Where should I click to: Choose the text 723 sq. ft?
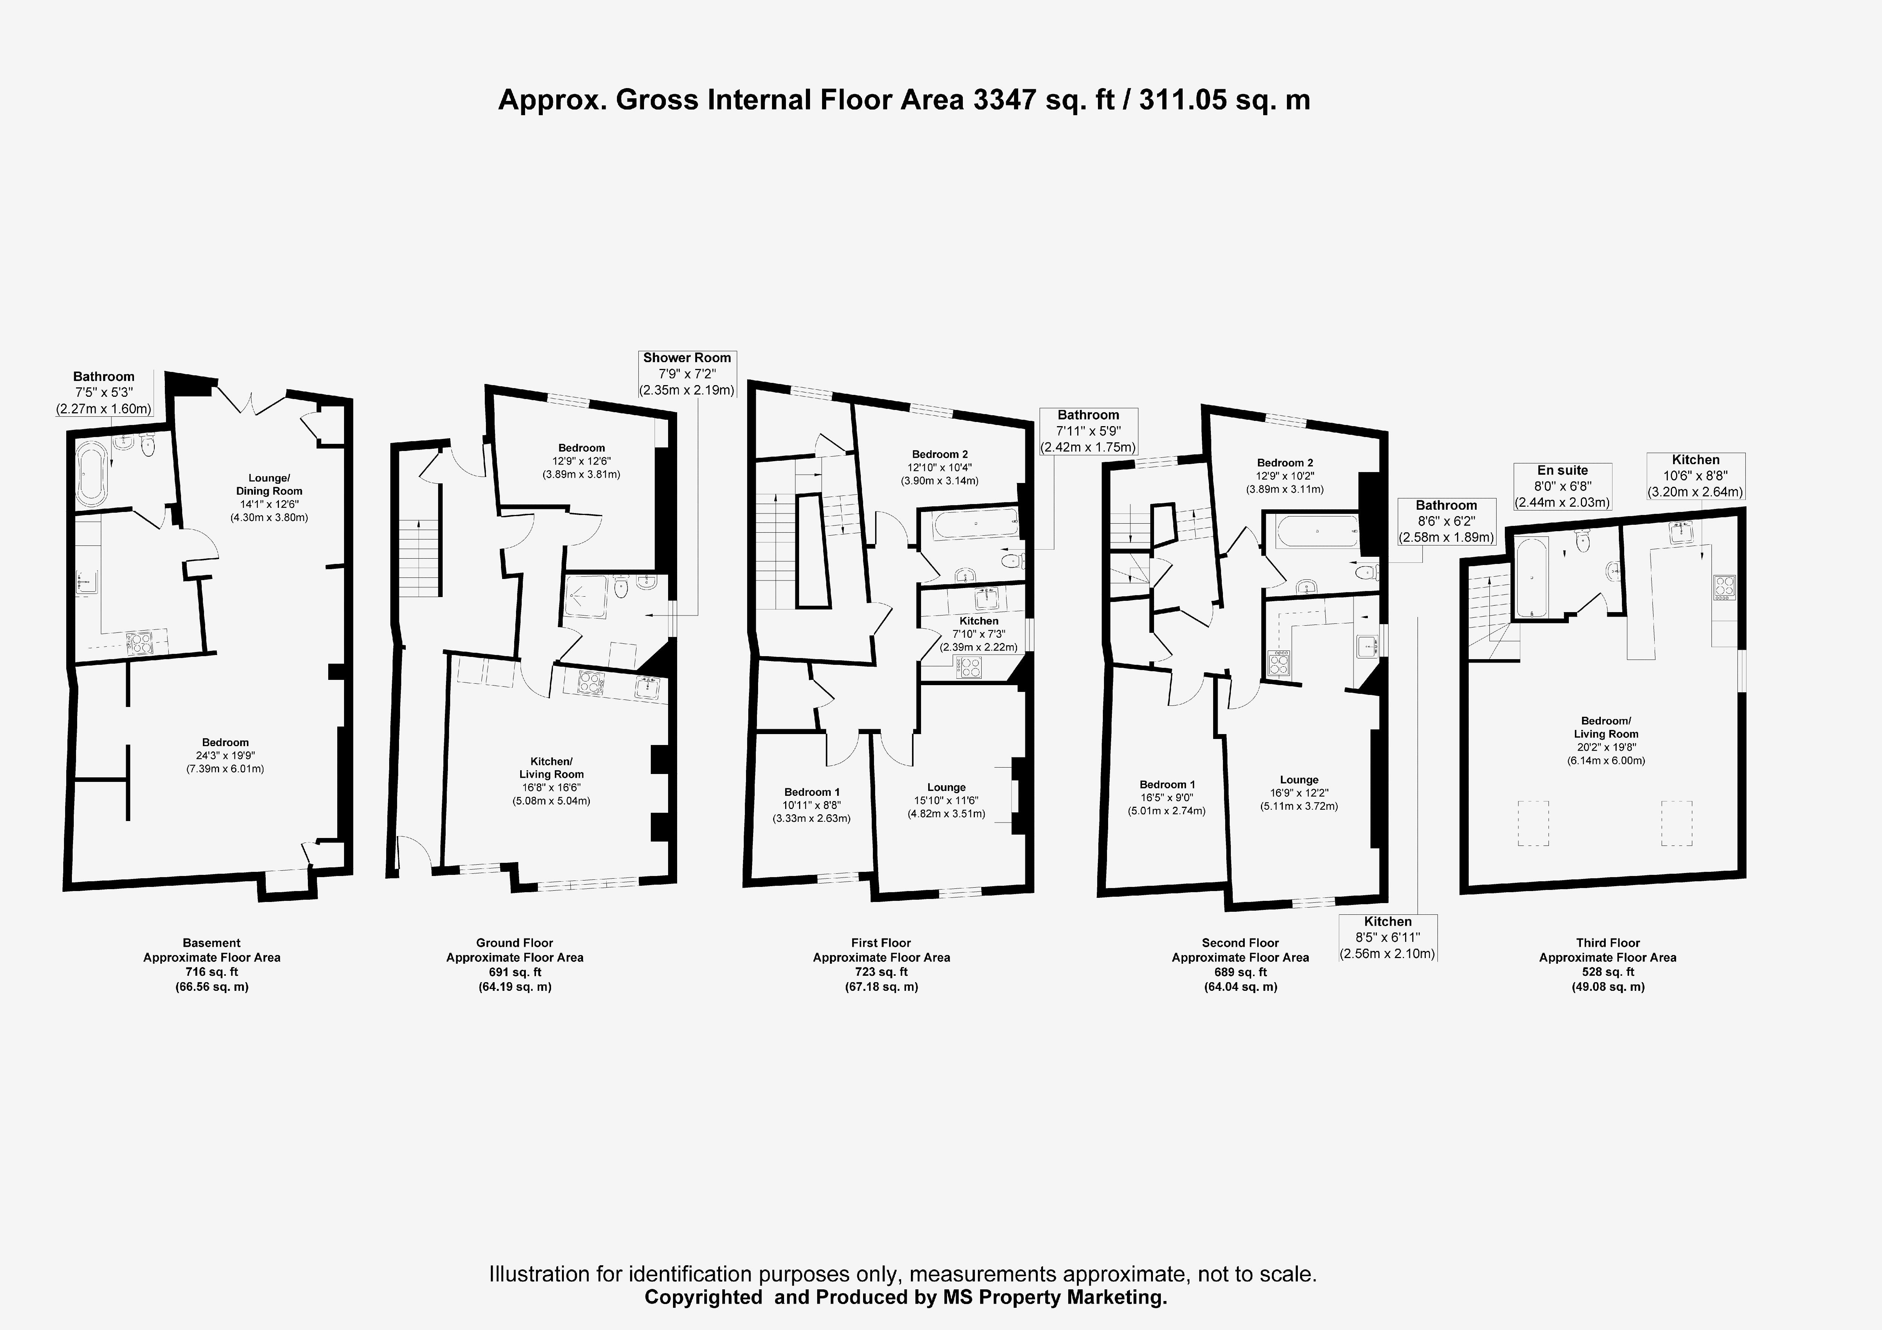(x=881, y=972)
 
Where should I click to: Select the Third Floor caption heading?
(x=1607, y=943)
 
